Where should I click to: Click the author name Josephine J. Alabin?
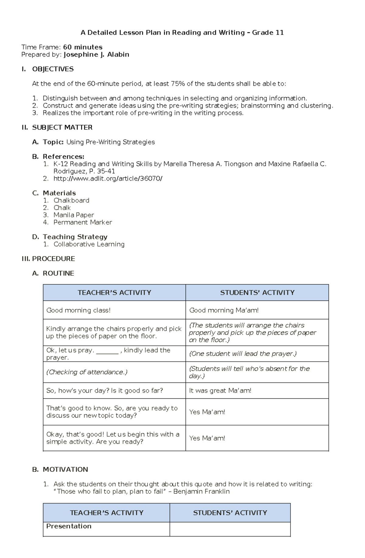point(96,54)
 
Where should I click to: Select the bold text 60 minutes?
point(82,47)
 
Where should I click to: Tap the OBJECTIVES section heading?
point(53,69)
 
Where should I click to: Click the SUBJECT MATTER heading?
point(62,127)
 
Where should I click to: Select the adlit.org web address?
point(108,178)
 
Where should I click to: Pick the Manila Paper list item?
point(74,215)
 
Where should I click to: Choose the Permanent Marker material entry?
point(83,222)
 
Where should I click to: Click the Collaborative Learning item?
point(89,244)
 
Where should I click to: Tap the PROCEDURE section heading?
point(54,259)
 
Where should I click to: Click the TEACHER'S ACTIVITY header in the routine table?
point(114,293)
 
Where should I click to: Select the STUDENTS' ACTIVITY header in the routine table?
point(257,293)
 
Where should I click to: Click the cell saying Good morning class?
point(78,310)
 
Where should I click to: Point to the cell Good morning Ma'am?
point(224,310)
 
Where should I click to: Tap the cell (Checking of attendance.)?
point(87,372)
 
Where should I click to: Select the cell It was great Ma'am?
point(220,390)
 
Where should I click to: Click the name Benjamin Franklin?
point(201,491)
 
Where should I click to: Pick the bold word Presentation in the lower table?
point(69,526)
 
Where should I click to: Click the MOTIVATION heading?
point(65,470)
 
